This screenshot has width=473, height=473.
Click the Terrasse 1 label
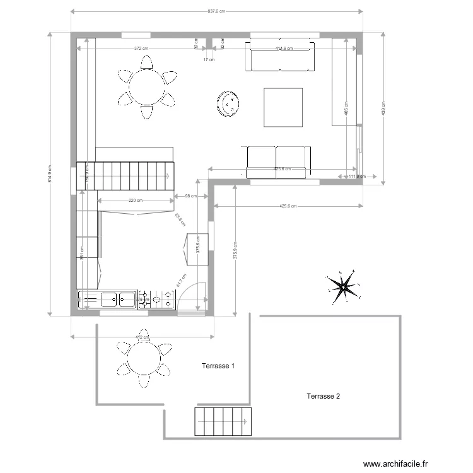click(218, 366)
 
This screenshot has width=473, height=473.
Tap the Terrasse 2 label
click(324, 397)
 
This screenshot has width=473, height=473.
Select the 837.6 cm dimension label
click(216, 11)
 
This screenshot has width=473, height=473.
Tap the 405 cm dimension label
click(346, 108)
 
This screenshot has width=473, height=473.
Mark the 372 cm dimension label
click(141, 49)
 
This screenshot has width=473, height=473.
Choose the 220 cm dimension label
click(136, 201)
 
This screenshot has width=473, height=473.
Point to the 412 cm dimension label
click(142, 337)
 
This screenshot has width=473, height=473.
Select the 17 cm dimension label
click(209, 60)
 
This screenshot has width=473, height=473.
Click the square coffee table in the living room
click(283, 107)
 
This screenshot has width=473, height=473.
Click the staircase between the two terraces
click(223, 422)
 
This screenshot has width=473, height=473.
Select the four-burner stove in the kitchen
click(156, 300)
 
